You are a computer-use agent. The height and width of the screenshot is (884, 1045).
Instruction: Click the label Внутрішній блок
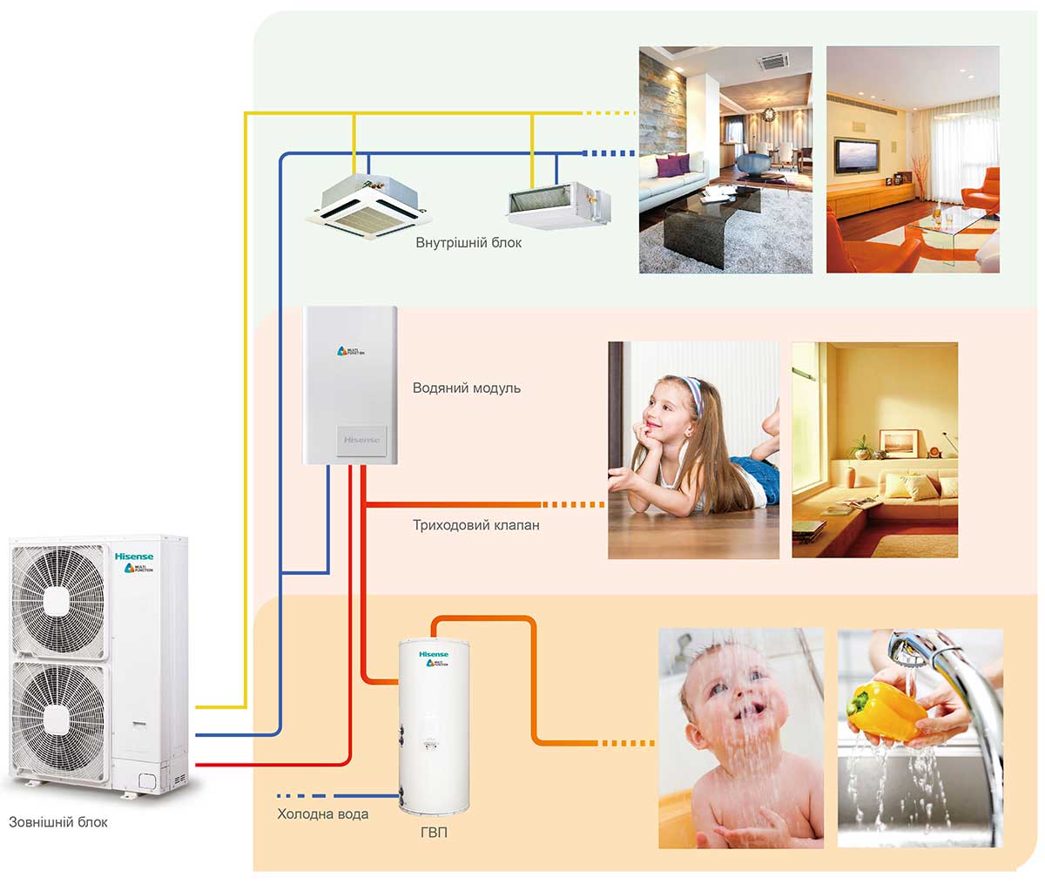click(469, 243)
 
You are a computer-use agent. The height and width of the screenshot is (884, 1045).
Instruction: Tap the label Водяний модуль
click(466, 388)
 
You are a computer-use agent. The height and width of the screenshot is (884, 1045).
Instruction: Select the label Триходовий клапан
click(475, 525)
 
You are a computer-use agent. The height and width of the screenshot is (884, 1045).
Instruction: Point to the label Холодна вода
click(322, 814)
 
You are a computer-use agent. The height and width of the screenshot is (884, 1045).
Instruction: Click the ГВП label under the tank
click(433, 833)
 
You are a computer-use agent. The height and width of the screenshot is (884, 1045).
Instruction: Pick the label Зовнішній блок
click(58, 821)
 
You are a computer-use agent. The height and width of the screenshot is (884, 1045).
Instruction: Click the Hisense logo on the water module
click(361, 440)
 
